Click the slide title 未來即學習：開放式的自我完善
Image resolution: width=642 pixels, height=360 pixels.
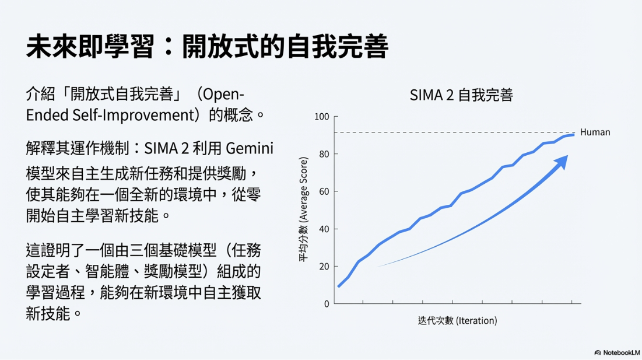click(207, 47)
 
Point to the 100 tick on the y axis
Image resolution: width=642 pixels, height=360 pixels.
click(322, 117)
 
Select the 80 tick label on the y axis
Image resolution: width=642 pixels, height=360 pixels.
click(324, 154)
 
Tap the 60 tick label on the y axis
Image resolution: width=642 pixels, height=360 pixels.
click(324, 191)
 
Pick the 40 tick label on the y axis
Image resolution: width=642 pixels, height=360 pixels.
click(324, 229)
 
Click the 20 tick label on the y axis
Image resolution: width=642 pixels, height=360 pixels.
click(324, 266)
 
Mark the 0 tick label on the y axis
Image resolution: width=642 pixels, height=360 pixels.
click(327, 303)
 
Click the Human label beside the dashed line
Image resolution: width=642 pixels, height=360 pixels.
click(595, 132)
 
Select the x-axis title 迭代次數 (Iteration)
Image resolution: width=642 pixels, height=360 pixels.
click(457, 320)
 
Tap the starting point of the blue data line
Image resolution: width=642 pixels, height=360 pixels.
click(339, 286)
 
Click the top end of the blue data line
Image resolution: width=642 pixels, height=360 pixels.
click(574, 135)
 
